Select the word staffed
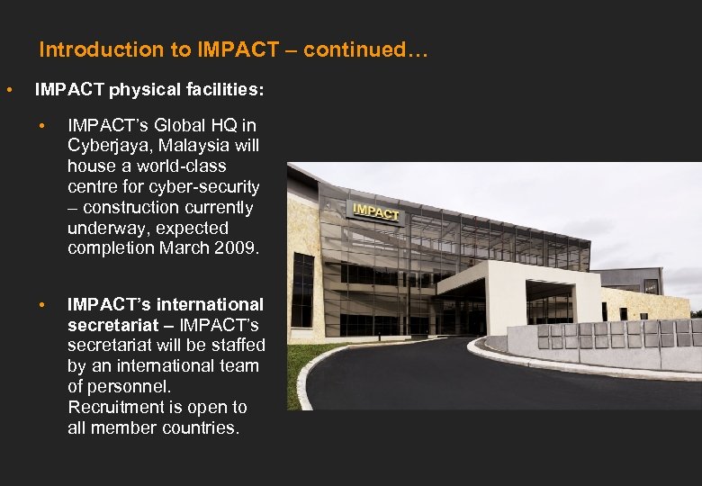[237, 345]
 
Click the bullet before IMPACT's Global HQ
[42, 125]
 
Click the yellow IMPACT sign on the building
[375, 211]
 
